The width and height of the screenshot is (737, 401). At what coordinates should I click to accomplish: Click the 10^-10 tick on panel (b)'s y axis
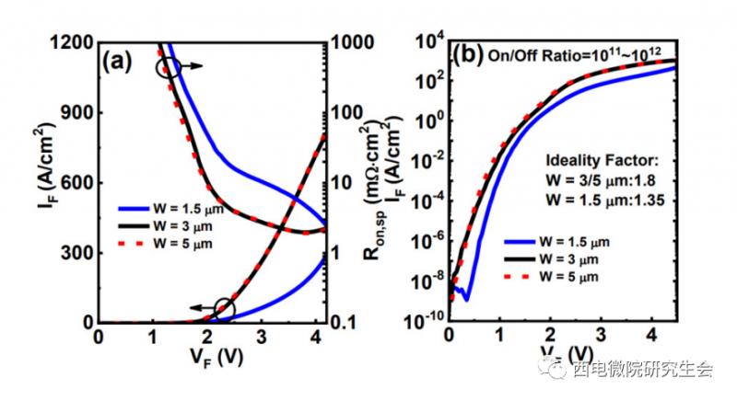(425, 323)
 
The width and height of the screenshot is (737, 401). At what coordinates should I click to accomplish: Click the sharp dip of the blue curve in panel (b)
(467, 300)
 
